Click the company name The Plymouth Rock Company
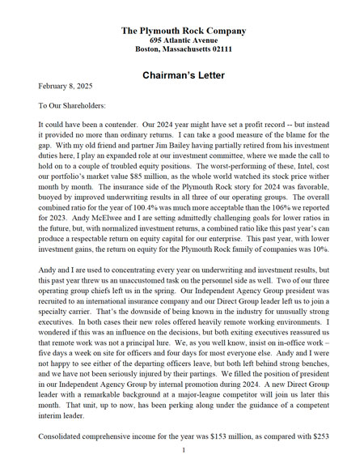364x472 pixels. (182, 30)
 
